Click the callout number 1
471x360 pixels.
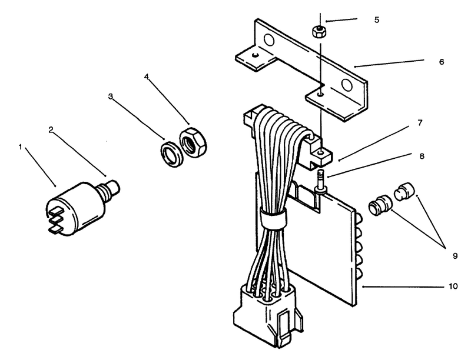[x=21, y=147]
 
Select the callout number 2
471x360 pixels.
[x=51, y=129]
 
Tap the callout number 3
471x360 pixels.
[x=111, y=96]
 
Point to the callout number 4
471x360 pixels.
[x=146, y=77]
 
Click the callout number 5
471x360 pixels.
[x=377, y=20]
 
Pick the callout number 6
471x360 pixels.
[x=441, y=62]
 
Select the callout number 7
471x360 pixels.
[x=420, y=123]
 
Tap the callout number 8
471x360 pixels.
[x=422, y=156]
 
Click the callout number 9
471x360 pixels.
[x=455, y=256]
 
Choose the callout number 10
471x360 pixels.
[x=453, y=286]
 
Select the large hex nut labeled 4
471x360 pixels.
[x=193, y=142]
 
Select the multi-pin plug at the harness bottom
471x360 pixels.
[x=267, y=315]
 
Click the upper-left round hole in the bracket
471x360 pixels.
[x=268, y=39]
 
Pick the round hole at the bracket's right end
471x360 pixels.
[x=347, y=85]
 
